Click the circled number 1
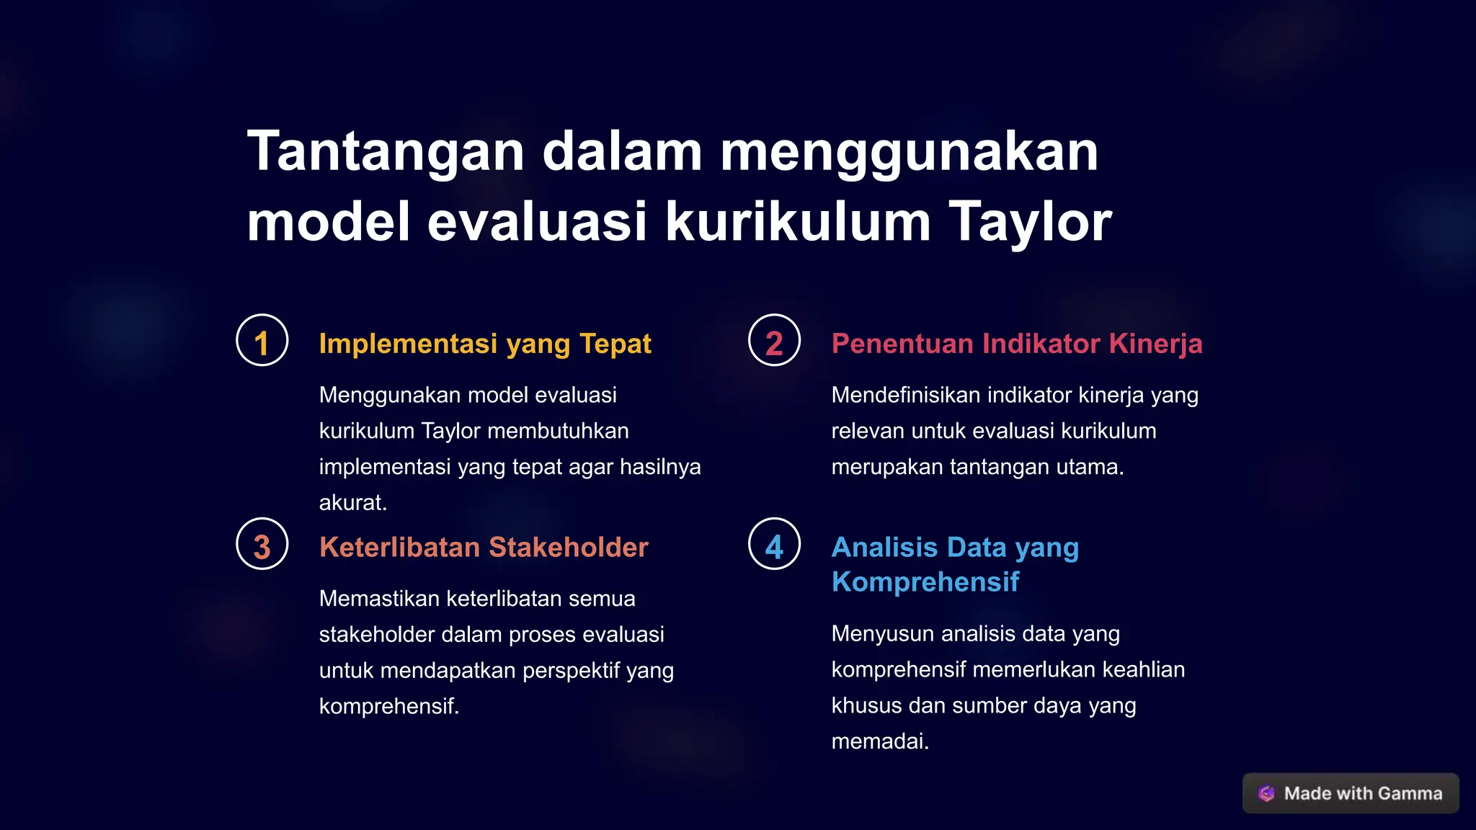pyautogui.click(x=262, y=341)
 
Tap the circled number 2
pyautogui.click(x=774, y=341)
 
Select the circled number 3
pyautogui.click(x=262, y=545)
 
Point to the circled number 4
pyautogui.click(x=774, y=545)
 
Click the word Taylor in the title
pyautogui.click(x=1030, y=222)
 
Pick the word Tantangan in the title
pyautogui.click(x=386, y=151)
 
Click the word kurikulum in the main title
pyautogui.click(x=798, y=222)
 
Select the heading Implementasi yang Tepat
pyautogui.click(x=485, y=344)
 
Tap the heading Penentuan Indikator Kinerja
pyautogui.click(x=1017, y=344)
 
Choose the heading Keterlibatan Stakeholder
pyautogui.click(x=484, y=548)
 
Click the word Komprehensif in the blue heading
pyautogui.click(x=925, y=582)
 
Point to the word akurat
pyautogui.click(x=352, y=503)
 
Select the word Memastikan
pyautogui.click(x=379, y=599)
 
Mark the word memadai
pyautogui.click(x=879, y=741)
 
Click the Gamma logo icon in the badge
pyautogui.click(x=1266, y=793)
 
